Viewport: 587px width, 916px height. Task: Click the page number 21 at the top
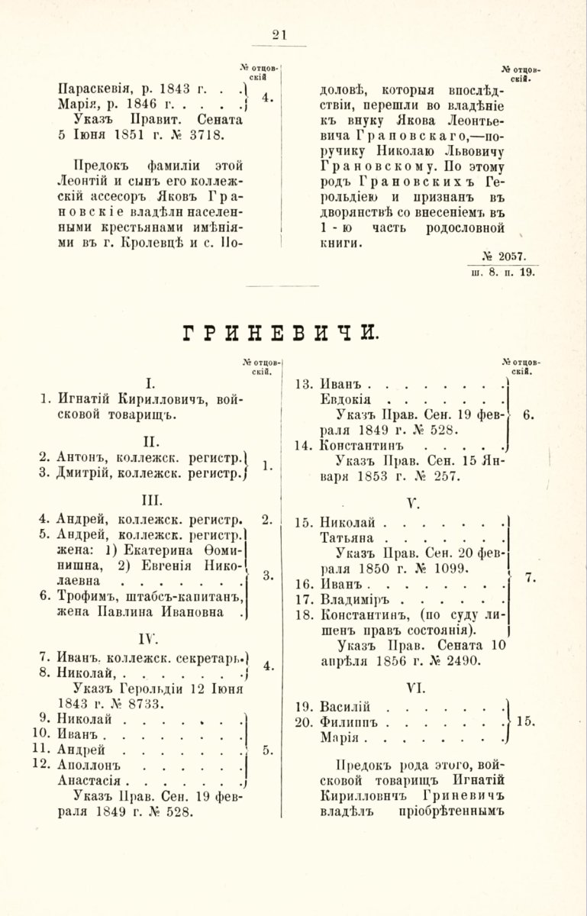pos(279,34)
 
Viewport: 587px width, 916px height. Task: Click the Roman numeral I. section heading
pos(151,379)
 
